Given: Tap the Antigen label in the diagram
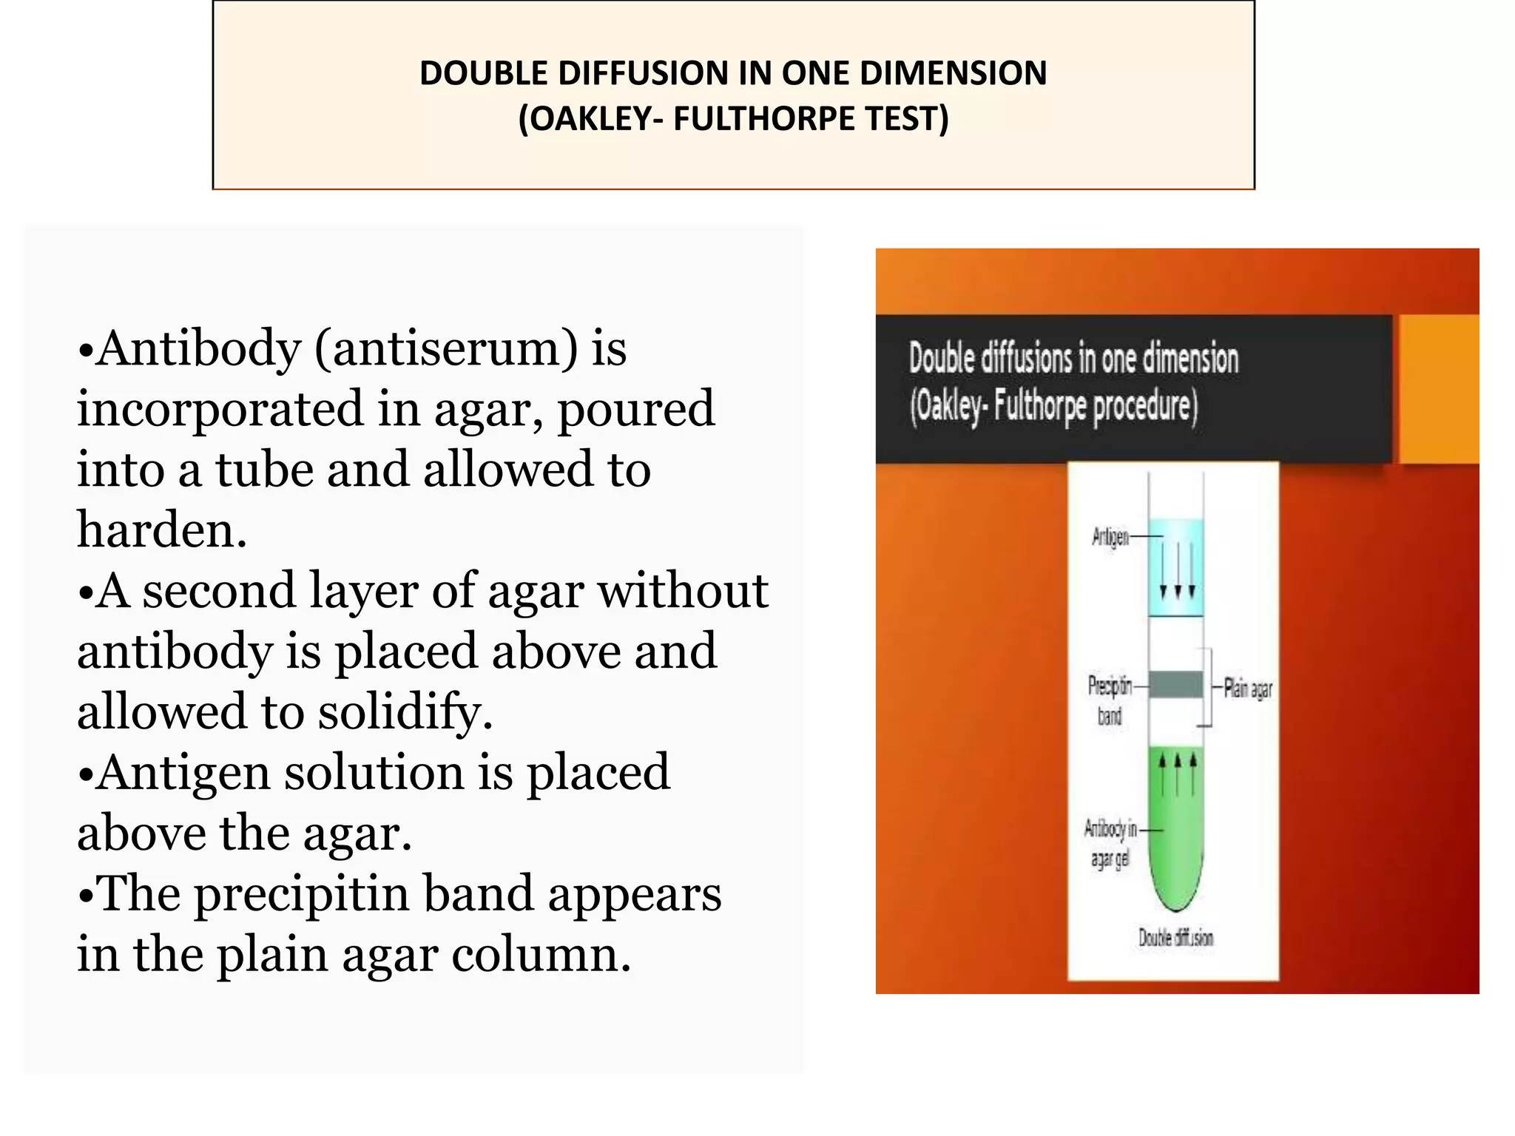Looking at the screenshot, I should click(x=1110, y=537).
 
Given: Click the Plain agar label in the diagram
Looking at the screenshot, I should click(x=1248, y=689).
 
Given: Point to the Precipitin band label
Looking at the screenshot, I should click(x=1110, y=700).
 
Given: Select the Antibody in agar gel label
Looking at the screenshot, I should click(x=1110, y=843).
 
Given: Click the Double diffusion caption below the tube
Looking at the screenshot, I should click(x=1175, y=938).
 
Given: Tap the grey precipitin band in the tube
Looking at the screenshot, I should click(x=1175, y=685).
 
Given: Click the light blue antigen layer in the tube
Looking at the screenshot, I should click(x=1175, y=566).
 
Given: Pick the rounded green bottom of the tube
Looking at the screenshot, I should click(x=1175, y=887).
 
